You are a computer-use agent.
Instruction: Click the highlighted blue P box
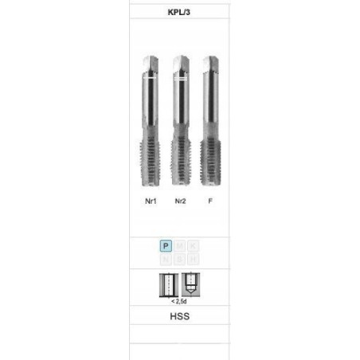tap(166, 246)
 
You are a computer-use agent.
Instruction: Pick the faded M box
tap(180, 246)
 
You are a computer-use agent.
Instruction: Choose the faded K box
tap(193, 246)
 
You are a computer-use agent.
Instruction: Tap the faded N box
tap(166, 260)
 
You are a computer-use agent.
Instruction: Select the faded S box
tap(180, 260)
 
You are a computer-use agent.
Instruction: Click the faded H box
tap(193, 260)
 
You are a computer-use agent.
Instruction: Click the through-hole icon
tap(169, 284)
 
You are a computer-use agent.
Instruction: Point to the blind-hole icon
tap(190, 284)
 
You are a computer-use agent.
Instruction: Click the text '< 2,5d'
tap(179, 301)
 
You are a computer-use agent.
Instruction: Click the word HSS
tap(179, 315)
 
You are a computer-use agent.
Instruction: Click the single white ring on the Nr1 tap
tap(150, 80)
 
